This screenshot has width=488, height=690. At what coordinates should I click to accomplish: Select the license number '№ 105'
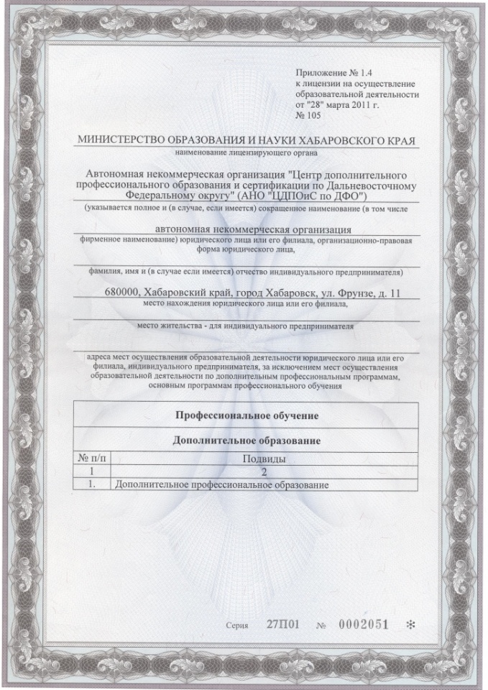pyautogui.click(x=308, y=114)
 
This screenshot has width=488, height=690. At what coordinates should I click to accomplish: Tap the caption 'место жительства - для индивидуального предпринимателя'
pyautogui.click(x=246, y=325)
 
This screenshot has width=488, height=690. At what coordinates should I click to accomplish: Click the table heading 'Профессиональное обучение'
pyautogui.click(x=247, y=416)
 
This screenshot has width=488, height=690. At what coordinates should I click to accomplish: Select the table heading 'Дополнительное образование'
pyautogui.click(x=247, y=440)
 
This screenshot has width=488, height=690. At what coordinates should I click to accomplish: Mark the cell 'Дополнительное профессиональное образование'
pyautogui.click(x=222, y=485)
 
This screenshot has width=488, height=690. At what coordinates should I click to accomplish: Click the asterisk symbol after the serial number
pyautogui.click(x=410, y=624)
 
